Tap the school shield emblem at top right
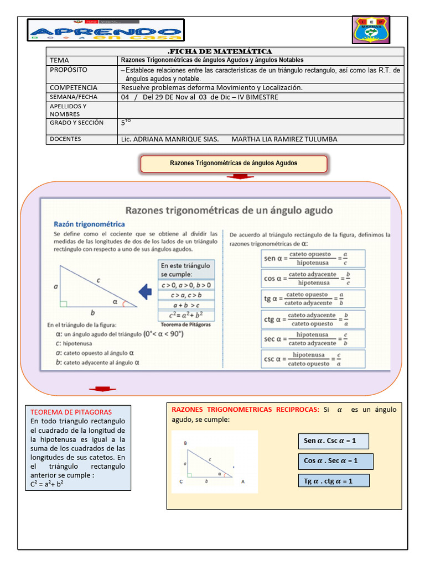(371, 29)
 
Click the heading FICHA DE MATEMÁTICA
(225, 51)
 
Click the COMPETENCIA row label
(73, 88)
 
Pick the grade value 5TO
(126, 123)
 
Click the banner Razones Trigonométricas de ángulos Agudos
(234, 163)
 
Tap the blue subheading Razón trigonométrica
(89, 224)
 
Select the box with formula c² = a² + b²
(185, 316)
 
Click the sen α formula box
(313, 259)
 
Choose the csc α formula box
(313, 359)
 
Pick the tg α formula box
(313, 299)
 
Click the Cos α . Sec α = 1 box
(335, 461)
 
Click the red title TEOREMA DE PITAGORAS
(71, 412)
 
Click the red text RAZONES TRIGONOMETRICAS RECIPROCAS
(246, 410)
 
